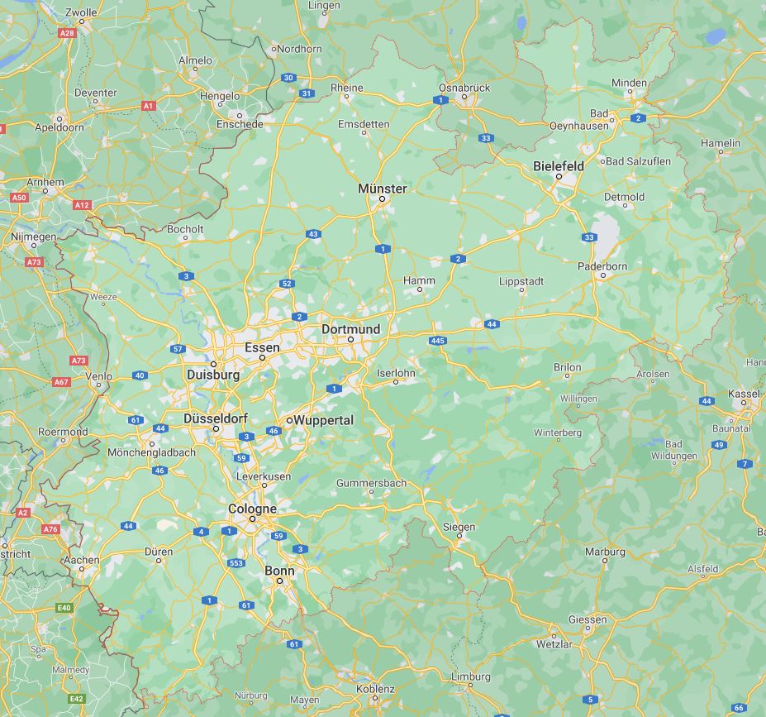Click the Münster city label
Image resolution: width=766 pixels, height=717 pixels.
coord(382,189)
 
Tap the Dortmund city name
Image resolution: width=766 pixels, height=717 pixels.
coord(350,329)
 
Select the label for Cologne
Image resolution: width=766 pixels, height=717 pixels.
coord(252,509)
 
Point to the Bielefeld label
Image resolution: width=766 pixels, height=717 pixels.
coord(558,166)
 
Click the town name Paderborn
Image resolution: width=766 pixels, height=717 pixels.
coord(603,266)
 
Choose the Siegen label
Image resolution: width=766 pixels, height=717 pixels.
coord(459,527)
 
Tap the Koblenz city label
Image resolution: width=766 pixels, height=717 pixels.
coord(375,689)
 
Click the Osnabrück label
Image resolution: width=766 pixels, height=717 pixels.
coord(464,87)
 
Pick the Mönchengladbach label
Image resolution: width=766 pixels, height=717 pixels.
coord(151,452)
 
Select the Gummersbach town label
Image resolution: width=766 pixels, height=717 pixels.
coord(371,483)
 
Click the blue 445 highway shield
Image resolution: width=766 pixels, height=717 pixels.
coord(438,341)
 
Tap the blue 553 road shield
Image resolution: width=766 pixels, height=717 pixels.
coord(237,563)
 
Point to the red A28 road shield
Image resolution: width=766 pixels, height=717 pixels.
coord(68,33)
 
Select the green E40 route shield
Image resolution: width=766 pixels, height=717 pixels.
coord(64,608)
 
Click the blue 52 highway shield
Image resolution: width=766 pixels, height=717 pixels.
coord(287,284)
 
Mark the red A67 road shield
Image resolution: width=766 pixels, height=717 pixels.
coord(61,382)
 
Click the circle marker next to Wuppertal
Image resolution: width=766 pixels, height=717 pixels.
coord(289,421)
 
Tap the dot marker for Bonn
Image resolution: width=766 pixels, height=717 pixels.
coord(279,581)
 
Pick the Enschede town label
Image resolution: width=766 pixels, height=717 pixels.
coord(240,124)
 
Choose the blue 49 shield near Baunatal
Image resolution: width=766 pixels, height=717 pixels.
coord(719,445)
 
